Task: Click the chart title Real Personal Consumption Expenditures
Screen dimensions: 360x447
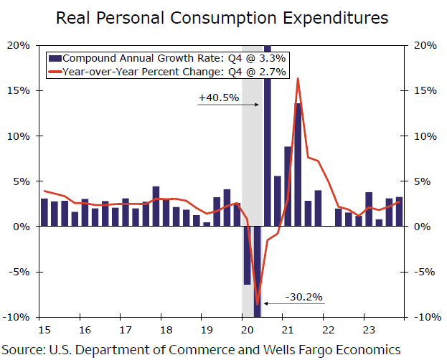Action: [222, 17]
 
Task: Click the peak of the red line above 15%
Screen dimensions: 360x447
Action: [298, 78]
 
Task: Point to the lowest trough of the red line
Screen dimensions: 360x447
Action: [257, 305]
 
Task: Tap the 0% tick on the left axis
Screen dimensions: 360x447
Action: [22, 227]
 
